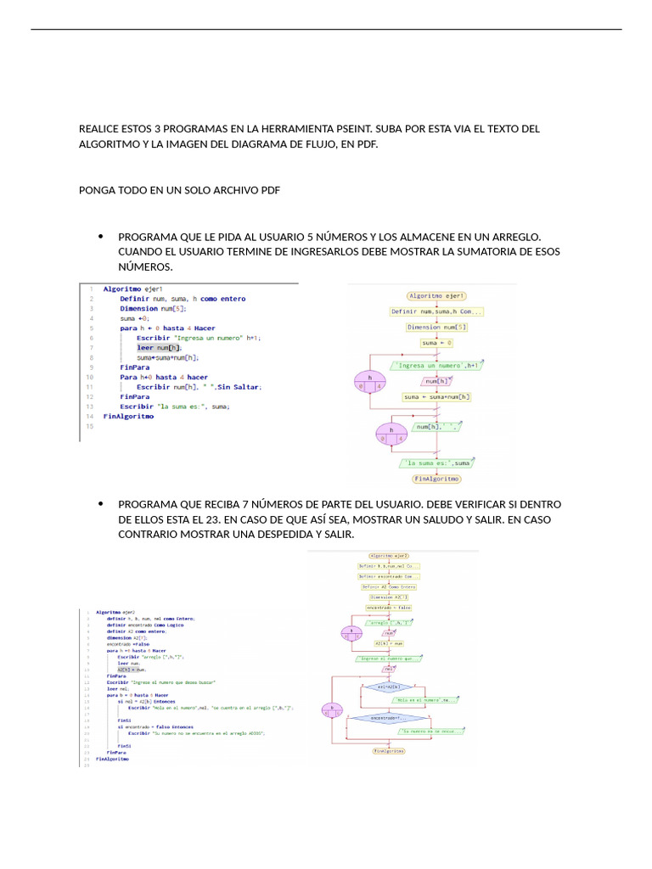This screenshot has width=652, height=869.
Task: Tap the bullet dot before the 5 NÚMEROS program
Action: [101, 237]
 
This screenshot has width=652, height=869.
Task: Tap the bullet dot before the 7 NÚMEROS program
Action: [101, 503]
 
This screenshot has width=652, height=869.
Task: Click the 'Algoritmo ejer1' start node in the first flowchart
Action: [436, 296]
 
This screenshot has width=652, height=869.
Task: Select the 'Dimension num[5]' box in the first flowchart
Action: [436, 327]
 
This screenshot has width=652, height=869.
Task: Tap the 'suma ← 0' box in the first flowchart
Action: [436, 343]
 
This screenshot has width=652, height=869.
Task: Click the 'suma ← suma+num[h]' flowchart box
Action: [436, 396]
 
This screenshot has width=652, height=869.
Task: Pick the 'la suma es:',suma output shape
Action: [436, 463]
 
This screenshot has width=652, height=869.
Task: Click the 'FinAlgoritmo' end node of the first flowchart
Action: [436, 479]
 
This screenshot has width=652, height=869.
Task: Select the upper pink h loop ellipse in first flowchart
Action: [369, 380]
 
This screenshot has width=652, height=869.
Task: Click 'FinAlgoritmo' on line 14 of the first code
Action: [128, 417]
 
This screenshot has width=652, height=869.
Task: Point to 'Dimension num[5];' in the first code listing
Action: [153, 309]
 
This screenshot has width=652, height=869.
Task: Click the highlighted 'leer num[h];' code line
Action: [159, 347]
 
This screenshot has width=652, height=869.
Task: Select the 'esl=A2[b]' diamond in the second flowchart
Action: [391, 687]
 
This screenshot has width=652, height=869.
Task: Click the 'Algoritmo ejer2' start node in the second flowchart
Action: [391, 555]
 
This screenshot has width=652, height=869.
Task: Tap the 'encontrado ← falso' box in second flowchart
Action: [391, 608]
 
